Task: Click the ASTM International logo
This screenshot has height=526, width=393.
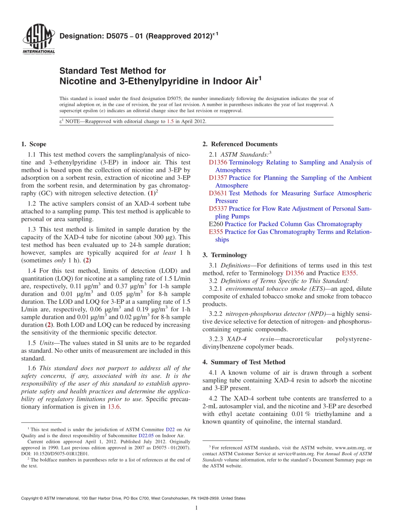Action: click(38, 40)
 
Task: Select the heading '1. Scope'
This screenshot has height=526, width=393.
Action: click(34, 144)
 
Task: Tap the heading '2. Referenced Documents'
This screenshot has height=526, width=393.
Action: click(240, 144)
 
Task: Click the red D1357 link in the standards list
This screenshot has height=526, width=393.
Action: click(218, 178)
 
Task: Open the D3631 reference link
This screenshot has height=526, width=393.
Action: click(218, 193)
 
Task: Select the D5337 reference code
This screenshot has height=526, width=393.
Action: click(218, 209)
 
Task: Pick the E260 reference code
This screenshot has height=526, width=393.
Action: click(216, 224)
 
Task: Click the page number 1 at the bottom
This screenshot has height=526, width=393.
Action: click(196, 508)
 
